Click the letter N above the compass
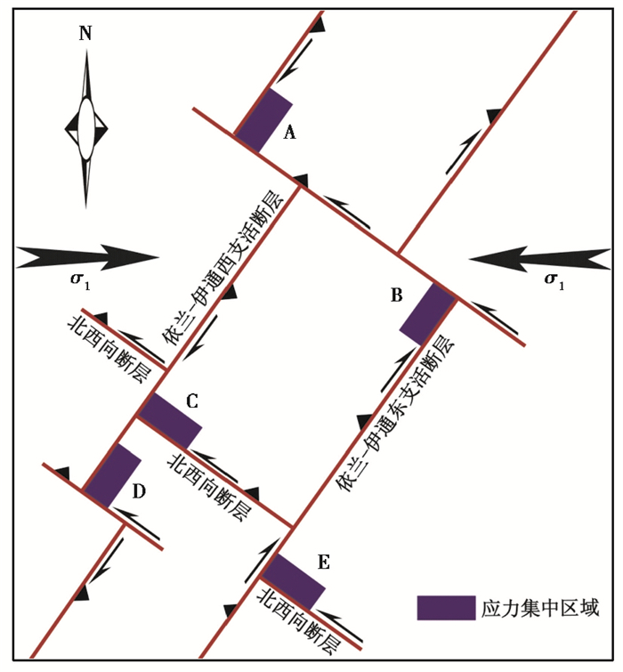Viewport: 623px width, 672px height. click(x=85, y=35)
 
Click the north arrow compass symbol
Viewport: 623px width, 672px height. click(x=85, y=128)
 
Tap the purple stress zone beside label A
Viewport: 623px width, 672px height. click(x=263, y=120)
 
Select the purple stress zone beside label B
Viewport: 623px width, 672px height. click(x=428, y=313)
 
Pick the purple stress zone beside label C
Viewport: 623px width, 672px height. click(x=170, y=419)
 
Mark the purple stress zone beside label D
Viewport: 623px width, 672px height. click(x=113, y=475)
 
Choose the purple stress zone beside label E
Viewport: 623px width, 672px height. click(x=295, y=580)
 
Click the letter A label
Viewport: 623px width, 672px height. click(x=288, y=134)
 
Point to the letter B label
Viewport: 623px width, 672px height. click(x=398, y=295)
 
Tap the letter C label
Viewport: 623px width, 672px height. click(x=191, y=401)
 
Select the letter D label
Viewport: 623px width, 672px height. click(x=140, y=490)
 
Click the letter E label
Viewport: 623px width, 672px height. click(x=323, y=562)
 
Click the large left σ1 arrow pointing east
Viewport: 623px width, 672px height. click(x=88, y=258)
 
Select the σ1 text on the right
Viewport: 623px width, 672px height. click(x=553, y=282)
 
